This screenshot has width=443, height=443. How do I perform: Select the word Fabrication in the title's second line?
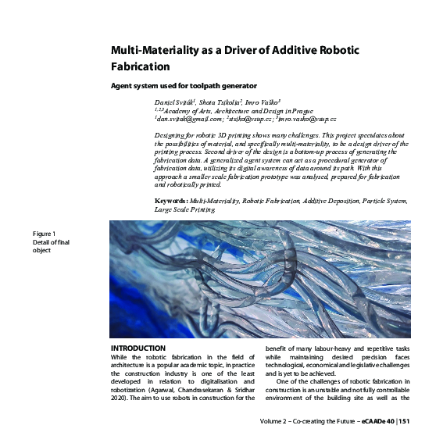click(x=141, y=66)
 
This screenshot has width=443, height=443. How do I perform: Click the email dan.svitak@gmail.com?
click(x=188, y=119)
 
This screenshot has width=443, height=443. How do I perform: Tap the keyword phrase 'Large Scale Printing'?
click(x=184, y=209)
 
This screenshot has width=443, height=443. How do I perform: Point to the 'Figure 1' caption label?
click(x=44, y=234)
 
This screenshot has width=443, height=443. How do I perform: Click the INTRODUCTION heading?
click(x=138, y=347)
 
